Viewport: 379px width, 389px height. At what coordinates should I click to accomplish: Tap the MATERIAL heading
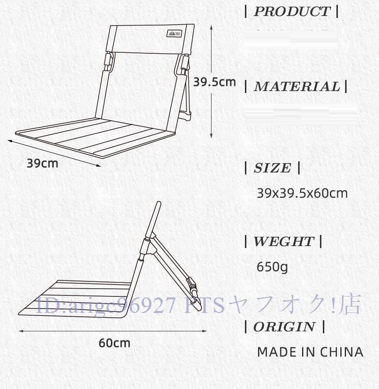(x=297, y=87)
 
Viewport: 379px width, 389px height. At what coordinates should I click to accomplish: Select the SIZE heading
(x=273, y=168)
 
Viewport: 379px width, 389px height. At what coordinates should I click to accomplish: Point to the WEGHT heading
(x=283, y=241)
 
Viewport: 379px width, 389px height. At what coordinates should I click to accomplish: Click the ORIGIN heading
(x=284, y=327)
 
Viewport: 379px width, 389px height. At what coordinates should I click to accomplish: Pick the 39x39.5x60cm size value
(x=302, y=193)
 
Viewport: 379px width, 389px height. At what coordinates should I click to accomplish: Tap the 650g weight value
(x=272, y=266)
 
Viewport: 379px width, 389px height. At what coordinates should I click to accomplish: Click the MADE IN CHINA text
(x=310, y=352)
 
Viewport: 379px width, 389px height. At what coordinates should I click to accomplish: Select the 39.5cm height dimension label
(x=214, y=82)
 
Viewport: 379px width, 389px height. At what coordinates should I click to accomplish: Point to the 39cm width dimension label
(x=42, y=163)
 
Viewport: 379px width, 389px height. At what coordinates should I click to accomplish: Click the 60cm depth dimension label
(x=115, y=343)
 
